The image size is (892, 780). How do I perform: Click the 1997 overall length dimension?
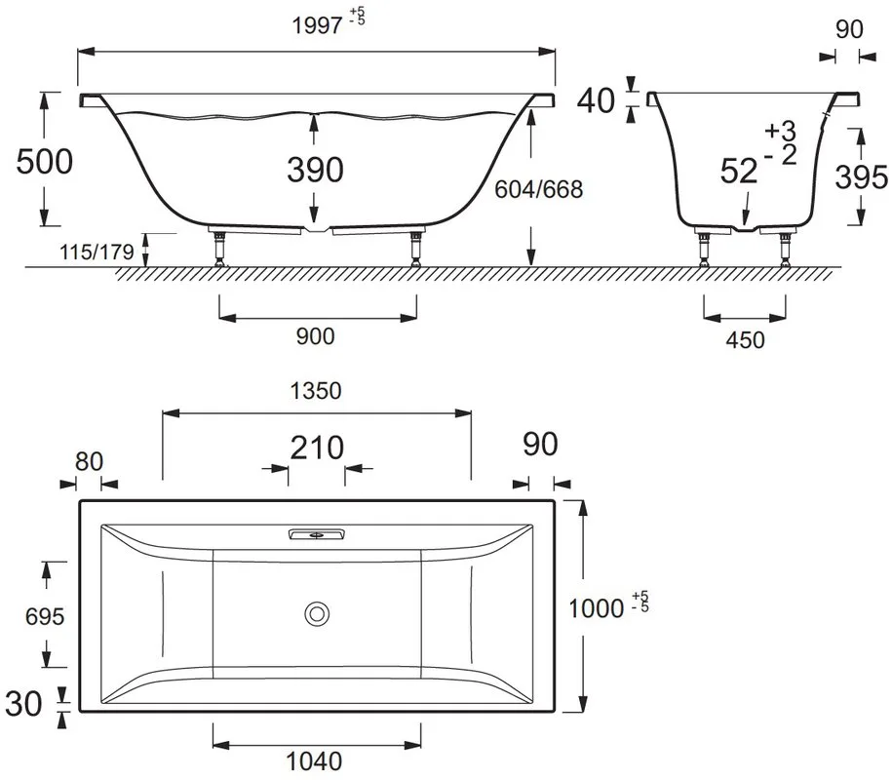click(x=316, y=25)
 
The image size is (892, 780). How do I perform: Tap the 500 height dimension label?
click(x=45, y=162)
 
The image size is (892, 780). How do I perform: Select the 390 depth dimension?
click(x=315, y=170)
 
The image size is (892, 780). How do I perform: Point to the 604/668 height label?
click(x=539, y=189)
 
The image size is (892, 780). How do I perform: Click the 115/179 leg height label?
click(x=97, y=252)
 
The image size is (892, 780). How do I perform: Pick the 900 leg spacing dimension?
click(x=315, y=336)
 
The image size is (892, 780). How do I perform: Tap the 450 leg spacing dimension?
click(x=745, y=340)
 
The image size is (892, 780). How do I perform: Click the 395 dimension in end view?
click(x=861, y=176)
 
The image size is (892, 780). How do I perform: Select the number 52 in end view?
click(x=739, y=171)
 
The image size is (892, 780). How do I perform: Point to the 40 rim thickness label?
click(x=596, y=100)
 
